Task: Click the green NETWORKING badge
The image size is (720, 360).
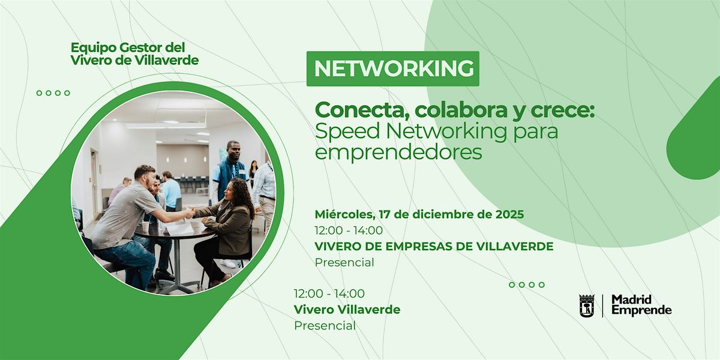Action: tap(393, 68)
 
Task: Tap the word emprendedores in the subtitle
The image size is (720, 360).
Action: tap(398, 152)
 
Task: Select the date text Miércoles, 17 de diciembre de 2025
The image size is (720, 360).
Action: tap(419, 214)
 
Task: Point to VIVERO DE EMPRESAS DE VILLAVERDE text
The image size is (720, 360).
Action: tap(434, 246)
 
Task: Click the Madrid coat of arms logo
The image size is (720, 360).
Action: tap(586, 306)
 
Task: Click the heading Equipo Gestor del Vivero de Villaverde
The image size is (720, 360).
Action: tap(134, 53)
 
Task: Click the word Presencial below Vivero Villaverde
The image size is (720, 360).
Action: tap(325, 326)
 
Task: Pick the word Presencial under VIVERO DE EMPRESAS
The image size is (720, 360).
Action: tap(344, 262)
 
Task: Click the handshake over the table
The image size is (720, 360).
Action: tap(190, 212)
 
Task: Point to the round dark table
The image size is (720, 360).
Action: tap(174, 237)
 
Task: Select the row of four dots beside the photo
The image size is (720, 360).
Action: tap(53, 93)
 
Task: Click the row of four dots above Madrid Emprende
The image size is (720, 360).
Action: tap(526, 285)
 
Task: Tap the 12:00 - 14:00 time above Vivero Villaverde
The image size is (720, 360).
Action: tap(329, 293)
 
